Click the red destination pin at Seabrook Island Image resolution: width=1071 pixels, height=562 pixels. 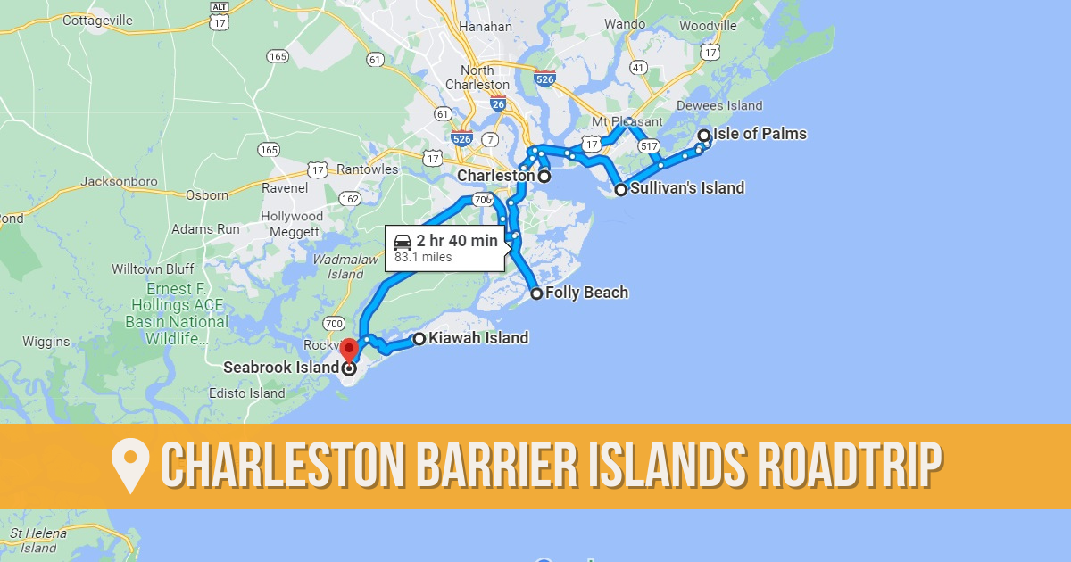[349, 348]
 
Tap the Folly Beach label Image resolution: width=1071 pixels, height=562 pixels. [586, 293]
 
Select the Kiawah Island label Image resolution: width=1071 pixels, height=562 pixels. [478, 338]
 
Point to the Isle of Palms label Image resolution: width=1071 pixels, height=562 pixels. [760, 135]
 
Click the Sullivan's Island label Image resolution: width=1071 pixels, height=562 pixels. [687, 188]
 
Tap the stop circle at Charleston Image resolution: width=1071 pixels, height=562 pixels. [544, 177]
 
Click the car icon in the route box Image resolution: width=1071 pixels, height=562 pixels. [403, 241]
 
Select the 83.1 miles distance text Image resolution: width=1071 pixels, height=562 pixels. [423, 258]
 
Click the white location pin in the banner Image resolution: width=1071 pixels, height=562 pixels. [130, 467]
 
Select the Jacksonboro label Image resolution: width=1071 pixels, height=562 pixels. [119, 181]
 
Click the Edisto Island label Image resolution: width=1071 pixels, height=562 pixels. [246, 393]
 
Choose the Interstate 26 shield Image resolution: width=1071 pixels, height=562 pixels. [498, 104]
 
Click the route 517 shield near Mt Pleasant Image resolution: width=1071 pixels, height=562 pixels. [649, 145]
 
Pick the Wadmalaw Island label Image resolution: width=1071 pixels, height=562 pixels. [334, 267]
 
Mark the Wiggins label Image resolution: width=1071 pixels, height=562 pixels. [46, 342]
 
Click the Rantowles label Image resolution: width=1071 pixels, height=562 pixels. [368, 169]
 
